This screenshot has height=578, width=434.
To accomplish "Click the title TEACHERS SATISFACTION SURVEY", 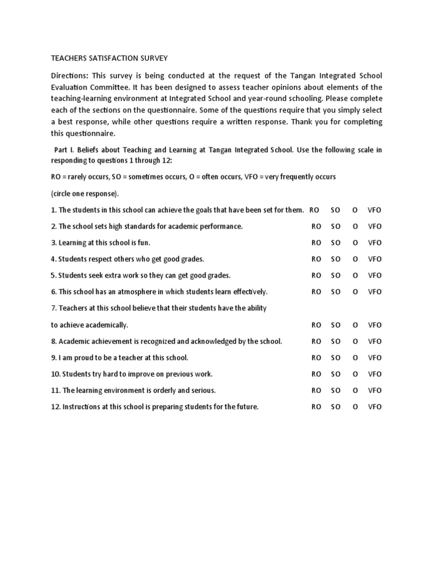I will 110,58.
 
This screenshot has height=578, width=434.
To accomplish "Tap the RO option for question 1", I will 315,210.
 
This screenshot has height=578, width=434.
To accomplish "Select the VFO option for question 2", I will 375,226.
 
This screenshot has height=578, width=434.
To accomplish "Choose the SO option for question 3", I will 336,243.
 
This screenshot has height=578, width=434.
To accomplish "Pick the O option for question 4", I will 355,259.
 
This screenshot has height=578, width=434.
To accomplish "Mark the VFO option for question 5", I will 375,275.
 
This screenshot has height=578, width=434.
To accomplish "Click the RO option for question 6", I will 316,292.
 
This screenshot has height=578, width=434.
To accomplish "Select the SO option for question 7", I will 336,325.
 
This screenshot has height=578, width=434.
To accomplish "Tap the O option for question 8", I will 355,341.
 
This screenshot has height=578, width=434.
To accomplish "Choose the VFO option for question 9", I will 375,358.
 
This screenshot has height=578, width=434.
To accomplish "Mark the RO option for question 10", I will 316,374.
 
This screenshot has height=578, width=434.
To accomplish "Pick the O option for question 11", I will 355,391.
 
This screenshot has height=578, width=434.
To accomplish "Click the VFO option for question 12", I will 375,407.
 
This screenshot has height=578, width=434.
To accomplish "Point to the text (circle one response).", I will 85,194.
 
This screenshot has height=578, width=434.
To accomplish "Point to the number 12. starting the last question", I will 56,407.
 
